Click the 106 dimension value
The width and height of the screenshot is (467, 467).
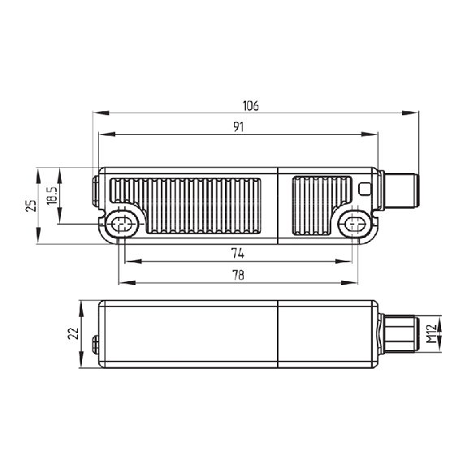251,106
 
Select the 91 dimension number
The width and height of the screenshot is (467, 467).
238,128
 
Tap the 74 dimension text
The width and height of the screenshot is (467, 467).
238,253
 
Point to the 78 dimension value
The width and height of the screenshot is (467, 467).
238,275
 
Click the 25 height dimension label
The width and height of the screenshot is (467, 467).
32,205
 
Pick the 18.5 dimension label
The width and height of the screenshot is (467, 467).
52,196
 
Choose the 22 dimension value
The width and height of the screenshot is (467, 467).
73,334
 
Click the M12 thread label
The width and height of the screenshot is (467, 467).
431,334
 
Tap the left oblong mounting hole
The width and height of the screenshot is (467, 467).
122,223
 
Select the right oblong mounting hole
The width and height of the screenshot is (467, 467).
354,223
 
